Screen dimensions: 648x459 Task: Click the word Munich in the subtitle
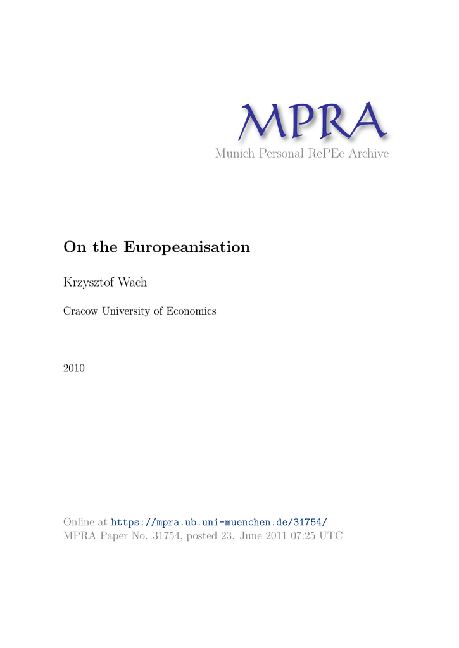tap(235, 154)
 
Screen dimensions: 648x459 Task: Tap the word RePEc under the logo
tap(325, 154)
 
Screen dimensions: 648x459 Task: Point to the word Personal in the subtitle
tap(279, 154)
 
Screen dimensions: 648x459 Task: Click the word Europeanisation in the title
tap(187, 247)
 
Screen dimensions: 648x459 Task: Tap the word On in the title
tap(73, 247)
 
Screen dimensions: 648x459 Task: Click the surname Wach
tap(135, 282)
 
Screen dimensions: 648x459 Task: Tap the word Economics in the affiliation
tap(191, 311)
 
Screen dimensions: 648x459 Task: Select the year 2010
tap(74, 368)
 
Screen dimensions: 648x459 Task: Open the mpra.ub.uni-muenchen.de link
tap(219, 522)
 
